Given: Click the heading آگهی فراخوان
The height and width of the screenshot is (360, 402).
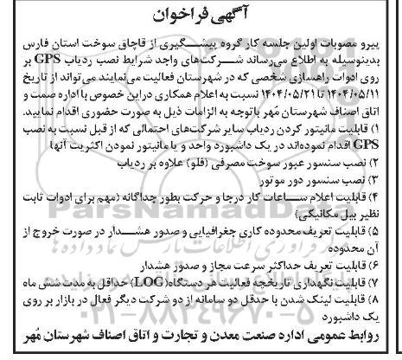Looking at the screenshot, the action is pyautogui.click(x=201, y=16).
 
